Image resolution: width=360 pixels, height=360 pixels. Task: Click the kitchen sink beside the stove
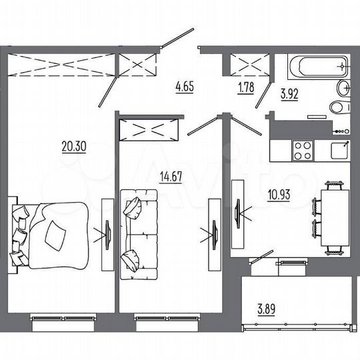coord(339,149)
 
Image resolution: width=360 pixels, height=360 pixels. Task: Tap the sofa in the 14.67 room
coord(139,233)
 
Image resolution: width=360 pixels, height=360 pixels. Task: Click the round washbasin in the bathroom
coord(345,87)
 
